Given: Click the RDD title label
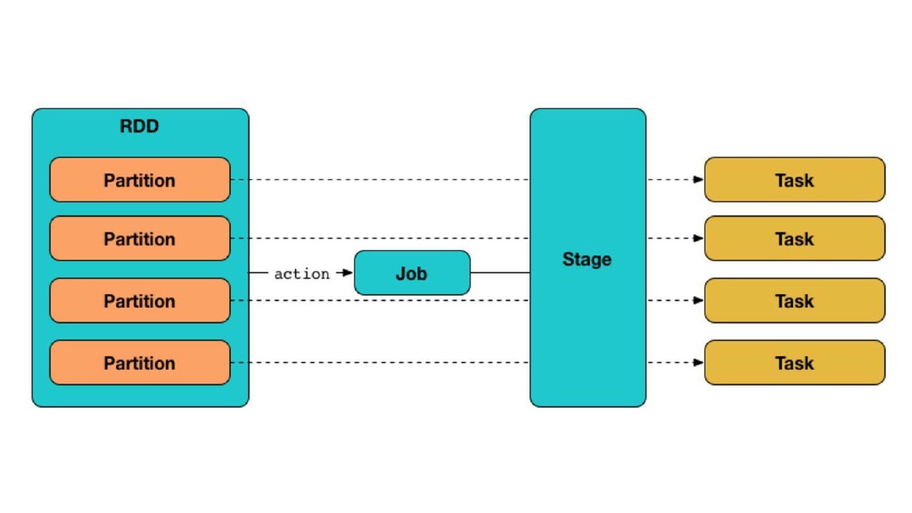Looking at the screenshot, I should [140, 127].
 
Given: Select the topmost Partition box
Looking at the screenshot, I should [140, 180].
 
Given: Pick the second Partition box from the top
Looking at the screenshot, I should [140, 239].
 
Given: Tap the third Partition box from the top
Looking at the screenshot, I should [140, 301].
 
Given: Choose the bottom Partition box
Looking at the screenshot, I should [140, 363].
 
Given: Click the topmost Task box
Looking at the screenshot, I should [794, 180].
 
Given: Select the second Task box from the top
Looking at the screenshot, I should [794, 239].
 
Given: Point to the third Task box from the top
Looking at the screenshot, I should [794, 301].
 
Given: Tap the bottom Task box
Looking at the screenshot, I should [794, 363].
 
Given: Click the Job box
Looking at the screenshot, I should [412, 273].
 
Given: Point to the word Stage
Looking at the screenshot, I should [587, 259].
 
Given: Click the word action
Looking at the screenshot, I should [302, 274].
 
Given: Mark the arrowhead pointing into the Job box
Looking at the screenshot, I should [348, 273].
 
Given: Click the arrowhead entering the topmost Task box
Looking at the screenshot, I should [698, 180].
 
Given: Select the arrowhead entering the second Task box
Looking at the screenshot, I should [698, 238].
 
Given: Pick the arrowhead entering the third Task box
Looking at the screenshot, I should [698, 300].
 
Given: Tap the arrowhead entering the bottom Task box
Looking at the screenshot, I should [698, 362].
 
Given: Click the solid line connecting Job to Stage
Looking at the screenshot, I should [500, 273].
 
